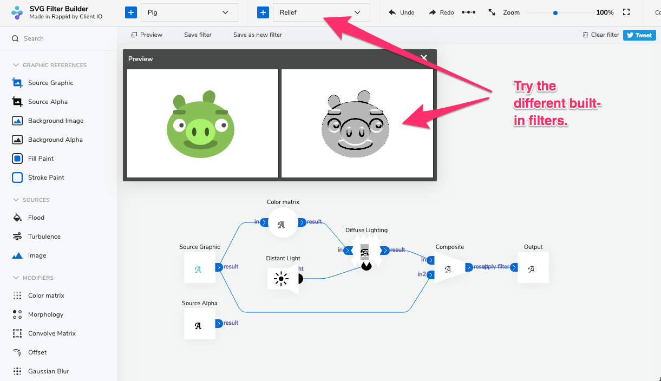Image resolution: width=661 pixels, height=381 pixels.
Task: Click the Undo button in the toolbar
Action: pos(402,12)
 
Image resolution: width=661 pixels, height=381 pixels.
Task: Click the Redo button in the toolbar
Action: pos(441,12)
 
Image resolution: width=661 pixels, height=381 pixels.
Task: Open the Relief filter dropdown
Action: pos(321,12)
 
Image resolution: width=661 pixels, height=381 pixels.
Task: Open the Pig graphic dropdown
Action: pos(189,12)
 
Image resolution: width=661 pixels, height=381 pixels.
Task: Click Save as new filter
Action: pos(258,35)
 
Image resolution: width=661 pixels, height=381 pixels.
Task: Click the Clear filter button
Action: pos(601,35)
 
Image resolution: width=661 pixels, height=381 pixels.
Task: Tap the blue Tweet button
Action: pos(639,35)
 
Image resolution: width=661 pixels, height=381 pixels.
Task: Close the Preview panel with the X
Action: pos(424,58)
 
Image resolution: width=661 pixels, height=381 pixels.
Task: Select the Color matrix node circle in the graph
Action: pos(283,222)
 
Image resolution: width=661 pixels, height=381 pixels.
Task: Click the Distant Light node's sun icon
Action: pos(282,279)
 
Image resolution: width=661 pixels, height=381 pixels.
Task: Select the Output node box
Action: pos(533,267)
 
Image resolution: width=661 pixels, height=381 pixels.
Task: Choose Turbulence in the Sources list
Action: pos(44,237)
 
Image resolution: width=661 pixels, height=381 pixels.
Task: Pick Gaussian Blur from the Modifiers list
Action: pos(48,371)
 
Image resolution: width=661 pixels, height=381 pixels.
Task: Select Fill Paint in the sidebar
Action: pos(41,159)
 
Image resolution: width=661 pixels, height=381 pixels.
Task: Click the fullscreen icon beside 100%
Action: pos(626,12)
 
